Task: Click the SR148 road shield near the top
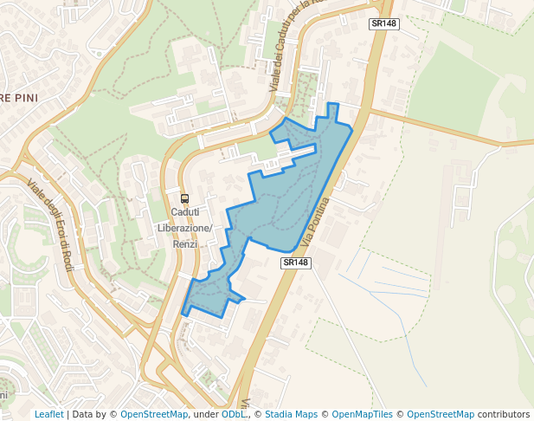click(x=383, y=23)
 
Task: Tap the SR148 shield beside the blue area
click(x=295, y=262)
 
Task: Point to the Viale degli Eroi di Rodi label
click(x=51, y=223)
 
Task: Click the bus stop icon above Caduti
click(x=184, y=198)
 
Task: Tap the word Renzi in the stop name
click(x=184, y=243)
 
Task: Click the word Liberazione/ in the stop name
click(x=184, y=228)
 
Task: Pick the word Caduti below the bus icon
click(x=184, y=212)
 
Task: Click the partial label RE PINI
click(x=17, y=97)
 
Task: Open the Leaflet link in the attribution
click(x=49, y=414)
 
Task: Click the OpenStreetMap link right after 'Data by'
click(x=154, y=414)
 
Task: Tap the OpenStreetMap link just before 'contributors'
click(x=440, y=414)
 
